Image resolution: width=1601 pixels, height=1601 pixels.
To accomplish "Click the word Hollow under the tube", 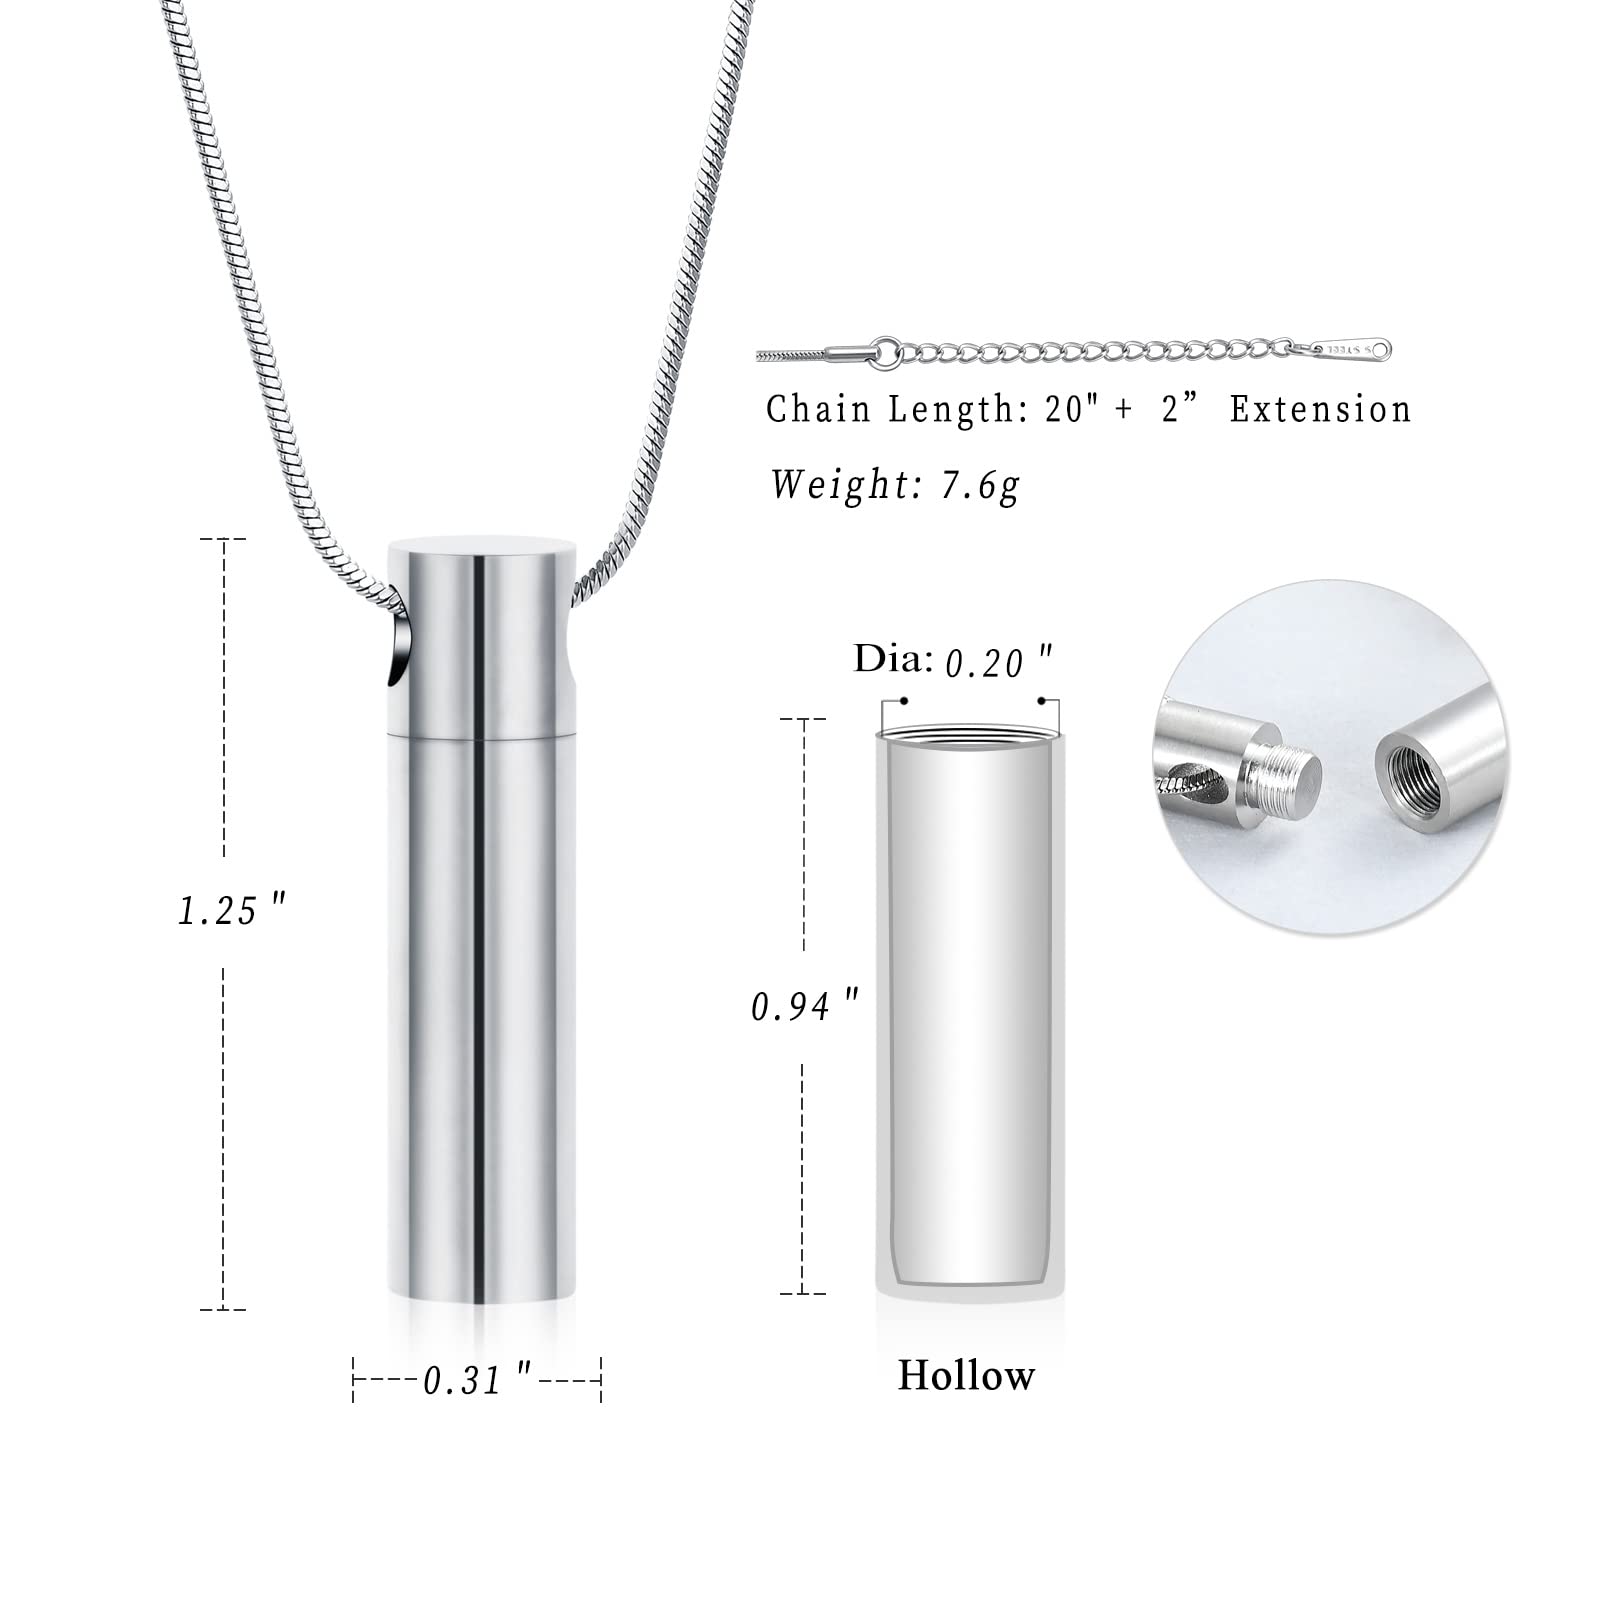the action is [x=966, y=1375].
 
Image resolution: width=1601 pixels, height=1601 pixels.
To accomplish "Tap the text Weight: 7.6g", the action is [x=894, y=485].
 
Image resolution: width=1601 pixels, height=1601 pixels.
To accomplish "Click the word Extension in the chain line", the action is [x=1320, y=409].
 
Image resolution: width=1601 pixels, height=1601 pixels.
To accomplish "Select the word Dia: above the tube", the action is [x=893, y=659].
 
